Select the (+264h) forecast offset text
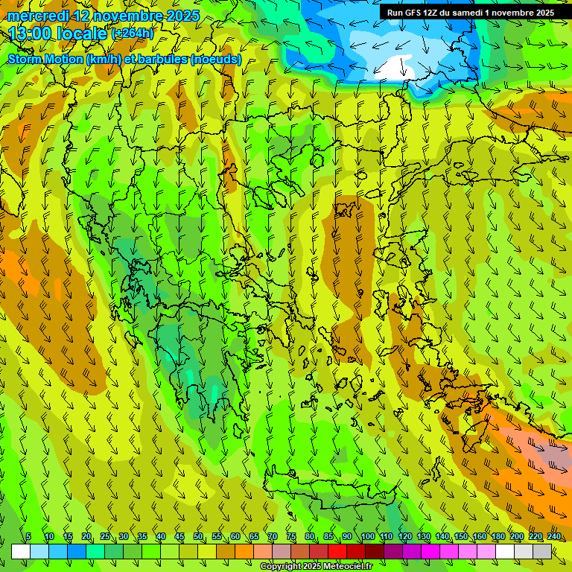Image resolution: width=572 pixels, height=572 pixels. [x=133, y=34]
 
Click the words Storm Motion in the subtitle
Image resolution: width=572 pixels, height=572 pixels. [x=45, y=59]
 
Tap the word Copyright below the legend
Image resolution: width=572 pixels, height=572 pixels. [x=282, y=567]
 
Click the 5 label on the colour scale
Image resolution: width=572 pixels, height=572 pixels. [x=28, y=537]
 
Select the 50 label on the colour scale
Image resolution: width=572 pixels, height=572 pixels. [x=198, y=537]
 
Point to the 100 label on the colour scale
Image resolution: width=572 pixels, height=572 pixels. [x=367, y=537]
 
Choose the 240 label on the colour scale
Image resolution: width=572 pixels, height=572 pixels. [x=554, y=537]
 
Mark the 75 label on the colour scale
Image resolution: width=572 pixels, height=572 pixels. [x=291, y=537]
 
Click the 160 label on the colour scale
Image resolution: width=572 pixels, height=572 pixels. [x=480, y=537]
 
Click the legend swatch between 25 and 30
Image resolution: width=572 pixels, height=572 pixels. [x=114, y=551]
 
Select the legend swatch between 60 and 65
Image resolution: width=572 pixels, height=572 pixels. [x=244, y=551]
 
